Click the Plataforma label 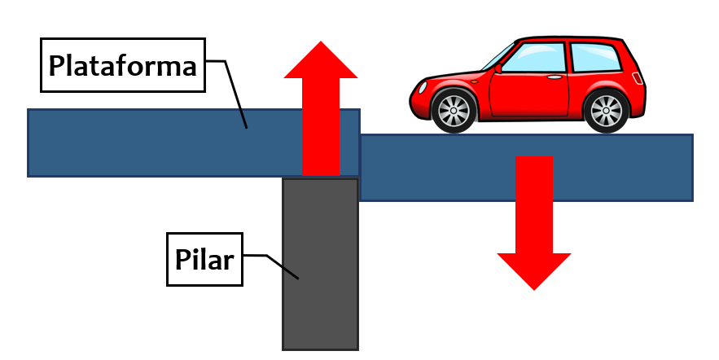click(x=122, y=65)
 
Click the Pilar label click(x=204, y=260)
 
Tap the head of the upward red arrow click(x=320, y=61)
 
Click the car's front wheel click(x=453, y=111)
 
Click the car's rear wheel click(x=606, y=111)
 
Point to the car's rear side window click(x=593, y=57)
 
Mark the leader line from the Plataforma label click(x=232, y=90)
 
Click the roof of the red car click(x=570, y=38)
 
